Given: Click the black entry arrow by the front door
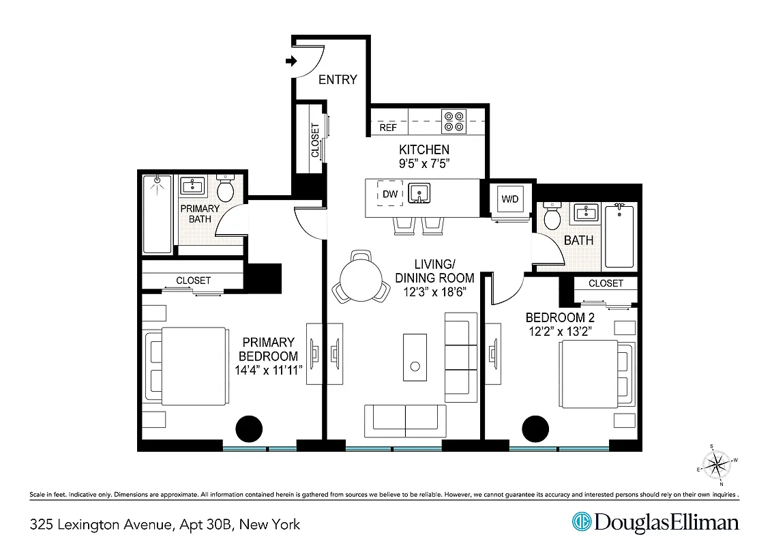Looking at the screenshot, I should point(291,62).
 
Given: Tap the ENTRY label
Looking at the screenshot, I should point(338,80).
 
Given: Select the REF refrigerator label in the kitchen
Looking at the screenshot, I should point(388,128).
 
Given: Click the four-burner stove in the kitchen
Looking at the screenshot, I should point(453,121).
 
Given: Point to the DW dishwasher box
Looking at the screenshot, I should point(389,195).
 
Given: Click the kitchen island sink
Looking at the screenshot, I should point(420,194).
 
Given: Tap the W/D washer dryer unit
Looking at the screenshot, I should point(509,200).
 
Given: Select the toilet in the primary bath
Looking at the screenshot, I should point(226,187).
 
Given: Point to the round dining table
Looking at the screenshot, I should point(359,280).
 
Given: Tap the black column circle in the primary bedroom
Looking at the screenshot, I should point(249,429).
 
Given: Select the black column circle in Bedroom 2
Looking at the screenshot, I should point(535,429).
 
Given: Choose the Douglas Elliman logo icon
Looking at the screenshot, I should point(582,523).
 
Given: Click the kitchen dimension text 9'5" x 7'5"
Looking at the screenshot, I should point(424,164).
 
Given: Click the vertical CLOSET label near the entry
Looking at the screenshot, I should point(315,140).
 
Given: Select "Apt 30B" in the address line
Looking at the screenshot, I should point(205,524).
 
